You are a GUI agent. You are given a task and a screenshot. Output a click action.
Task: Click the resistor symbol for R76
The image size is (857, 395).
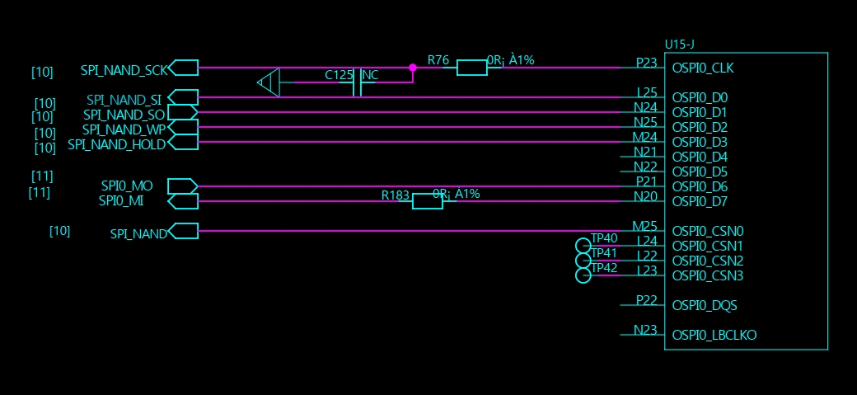click(471, 68)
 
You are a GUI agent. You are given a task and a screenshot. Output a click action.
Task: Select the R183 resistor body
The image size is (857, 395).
click(428, 201)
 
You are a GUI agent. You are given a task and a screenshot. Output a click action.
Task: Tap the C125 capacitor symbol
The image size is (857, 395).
click(357, 82)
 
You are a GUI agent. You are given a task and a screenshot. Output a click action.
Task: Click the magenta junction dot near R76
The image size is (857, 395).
click(413, 68)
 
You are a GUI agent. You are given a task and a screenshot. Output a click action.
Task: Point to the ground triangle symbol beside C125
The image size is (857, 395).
click(269, 82)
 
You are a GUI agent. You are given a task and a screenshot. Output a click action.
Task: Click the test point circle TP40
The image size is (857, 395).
click(583, 246)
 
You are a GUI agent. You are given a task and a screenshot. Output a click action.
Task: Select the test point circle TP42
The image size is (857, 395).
click(583, 275)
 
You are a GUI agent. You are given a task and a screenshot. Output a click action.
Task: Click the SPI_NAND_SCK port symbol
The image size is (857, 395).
click(183, 68)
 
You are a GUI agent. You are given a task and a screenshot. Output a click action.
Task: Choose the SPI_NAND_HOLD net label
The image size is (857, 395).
click(116, 144)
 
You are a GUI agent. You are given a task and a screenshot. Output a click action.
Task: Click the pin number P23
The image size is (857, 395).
click(647, 63)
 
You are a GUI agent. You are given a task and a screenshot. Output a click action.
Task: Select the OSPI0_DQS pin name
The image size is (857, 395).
click(705, 305)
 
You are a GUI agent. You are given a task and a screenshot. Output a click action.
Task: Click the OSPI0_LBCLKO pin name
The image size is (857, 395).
click(714, 335)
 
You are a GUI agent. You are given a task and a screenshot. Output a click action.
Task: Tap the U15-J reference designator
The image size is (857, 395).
click(679, 45)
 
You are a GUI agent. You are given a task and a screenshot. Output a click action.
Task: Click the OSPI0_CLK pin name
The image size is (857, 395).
click(703, 68)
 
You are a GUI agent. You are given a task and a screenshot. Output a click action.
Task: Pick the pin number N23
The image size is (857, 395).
click(645, 329)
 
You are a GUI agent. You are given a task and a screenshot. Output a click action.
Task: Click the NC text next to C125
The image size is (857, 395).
click(371, 76)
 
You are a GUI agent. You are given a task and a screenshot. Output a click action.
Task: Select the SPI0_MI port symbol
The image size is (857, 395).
click(183, 201)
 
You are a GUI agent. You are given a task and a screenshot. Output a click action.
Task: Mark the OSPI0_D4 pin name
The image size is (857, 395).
click(700, 157)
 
